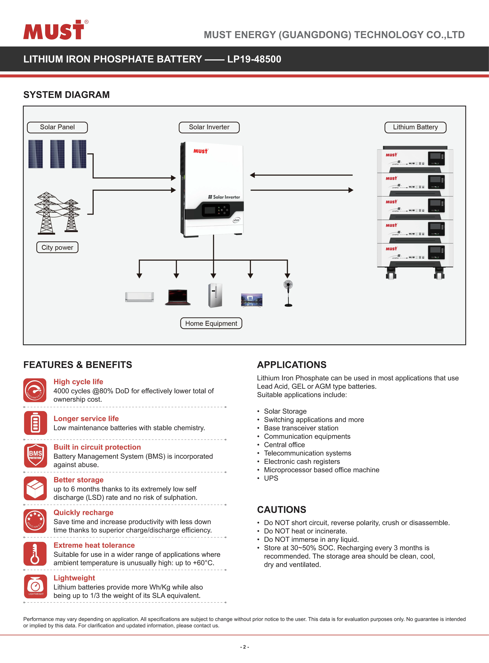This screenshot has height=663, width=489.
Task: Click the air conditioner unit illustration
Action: click(139, 297)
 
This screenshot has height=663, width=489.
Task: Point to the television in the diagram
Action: click(252, 300)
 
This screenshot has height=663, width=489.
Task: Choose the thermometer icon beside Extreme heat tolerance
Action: click(35, 554)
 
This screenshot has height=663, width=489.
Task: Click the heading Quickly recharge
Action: click(83, 513)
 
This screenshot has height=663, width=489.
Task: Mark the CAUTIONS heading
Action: click(282, 510)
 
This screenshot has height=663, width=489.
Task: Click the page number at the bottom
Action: click(244, 647)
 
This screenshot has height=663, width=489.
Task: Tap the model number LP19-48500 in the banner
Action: click(254, 59)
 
